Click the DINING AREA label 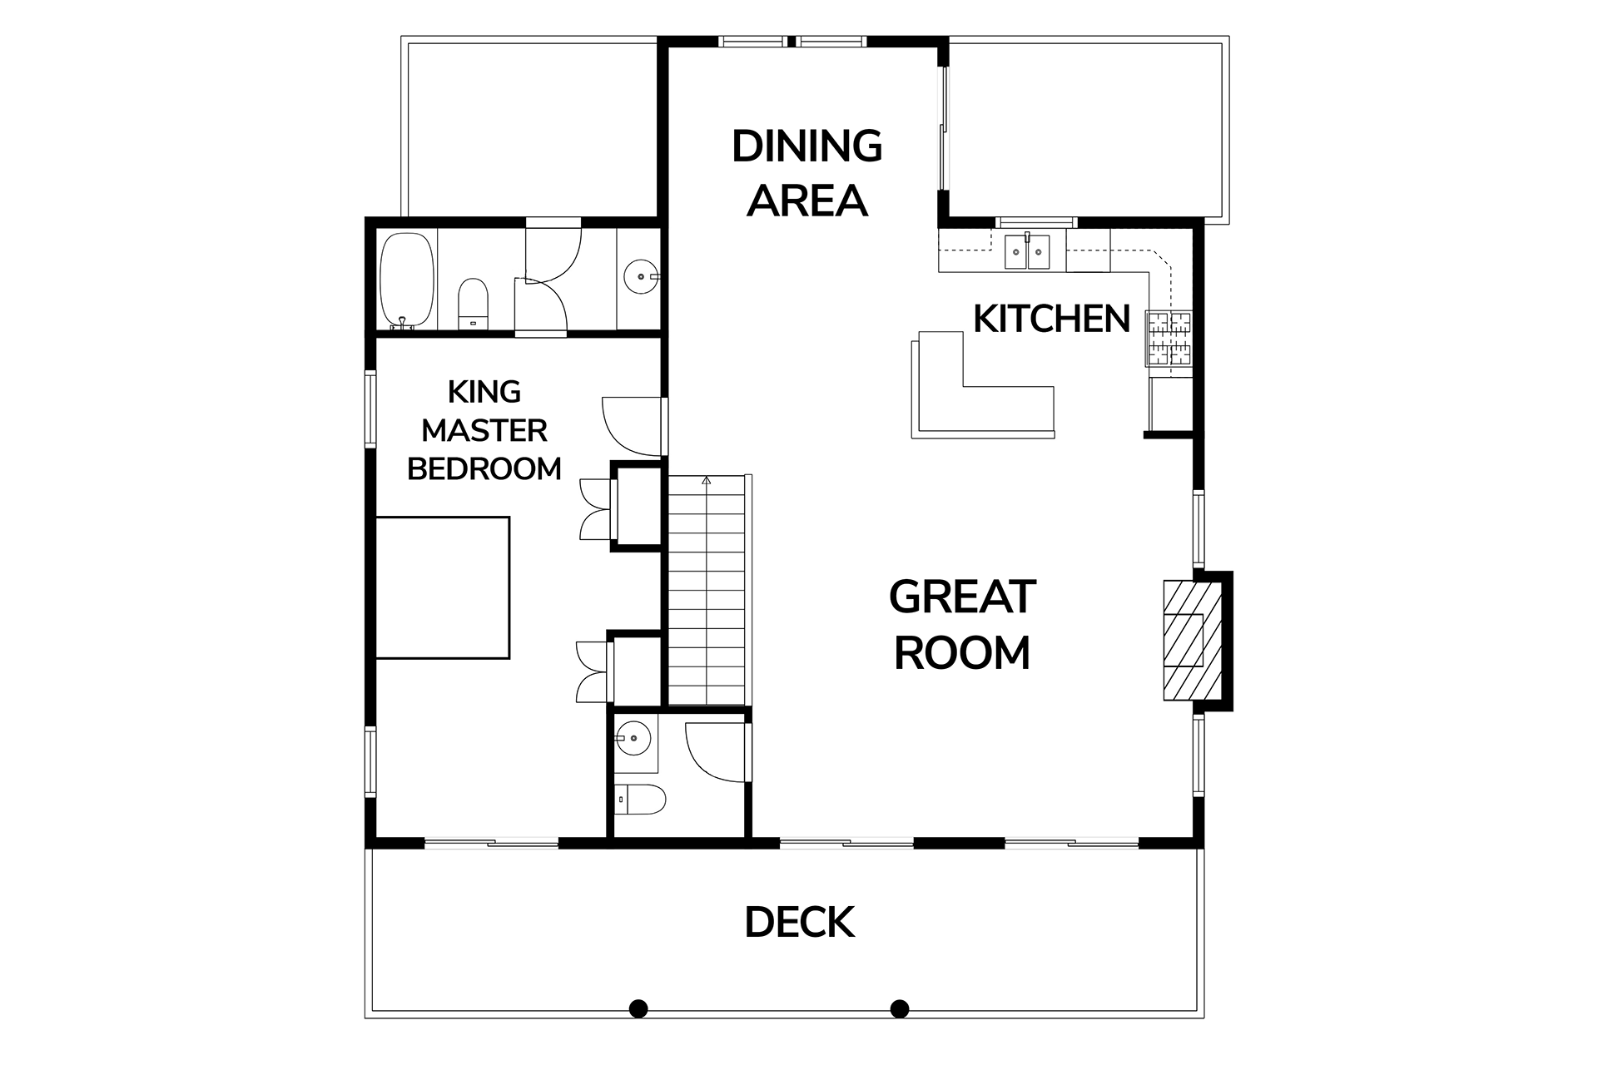[806, 173]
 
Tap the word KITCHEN [1051, 319]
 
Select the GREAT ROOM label [962, 624]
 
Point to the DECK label [799, 922]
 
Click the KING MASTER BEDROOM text [484, 430]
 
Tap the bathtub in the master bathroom [407, 280]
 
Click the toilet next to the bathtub [473, 304]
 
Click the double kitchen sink [1028, 251]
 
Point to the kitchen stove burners [1169, 339]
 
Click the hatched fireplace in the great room [1193, 639]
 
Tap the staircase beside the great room [707, 590]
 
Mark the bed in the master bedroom [442, 587]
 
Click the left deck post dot [638, 1008]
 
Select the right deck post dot [899, 1008]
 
